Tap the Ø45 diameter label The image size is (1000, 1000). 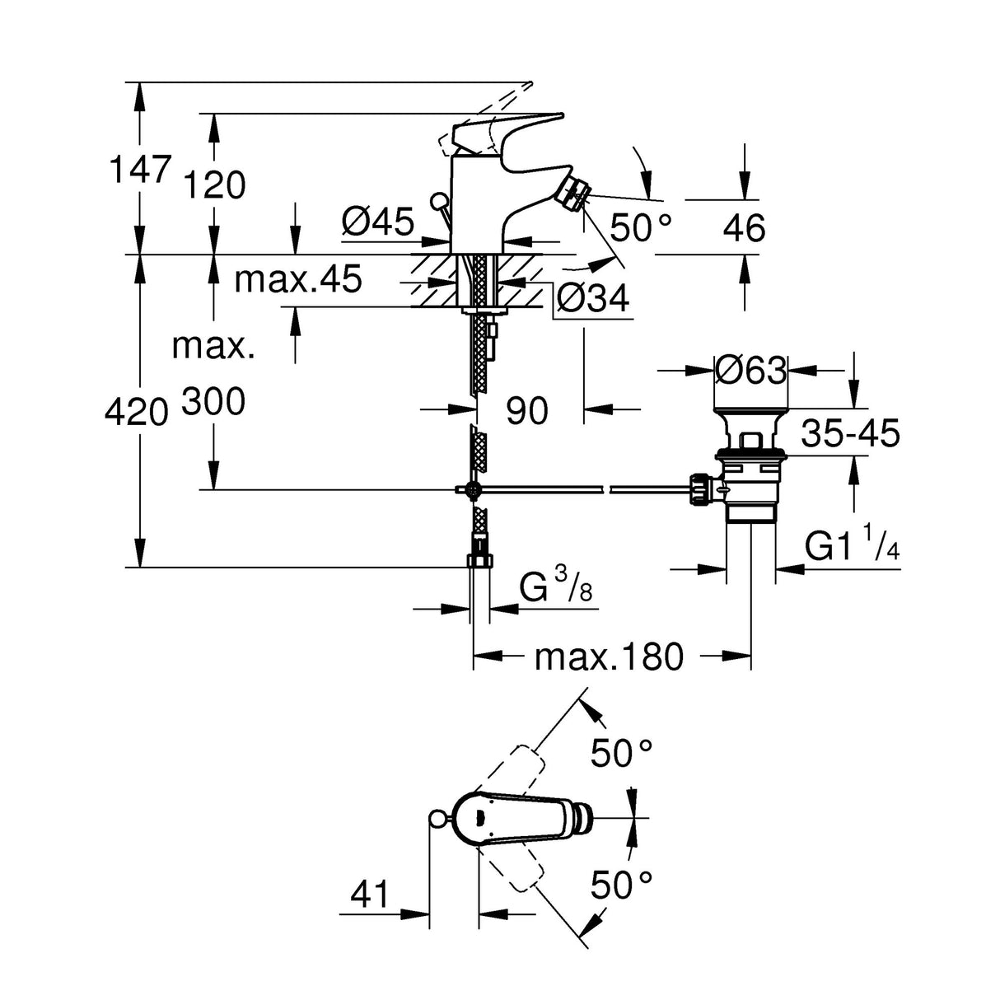tap(378, 222)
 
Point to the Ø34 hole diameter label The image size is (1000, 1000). tap(592, 297)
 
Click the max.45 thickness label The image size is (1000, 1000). tap(297, 280)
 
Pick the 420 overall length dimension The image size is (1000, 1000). tap(137, 411)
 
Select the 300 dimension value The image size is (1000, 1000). tap(213, 403)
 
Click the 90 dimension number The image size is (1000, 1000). tap(526, 410)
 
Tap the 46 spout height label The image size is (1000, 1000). tap(744, 228)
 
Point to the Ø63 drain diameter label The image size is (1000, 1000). tap(750, 371)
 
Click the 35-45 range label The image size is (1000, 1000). tap(850, 432)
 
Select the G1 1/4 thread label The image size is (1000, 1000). tap(850, 548)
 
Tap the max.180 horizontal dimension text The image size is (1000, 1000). tap(609, 657)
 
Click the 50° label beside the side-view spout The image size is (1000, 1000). tap(642, 227)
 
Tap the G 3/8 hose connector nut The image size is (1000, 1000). tap(480, 562)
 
